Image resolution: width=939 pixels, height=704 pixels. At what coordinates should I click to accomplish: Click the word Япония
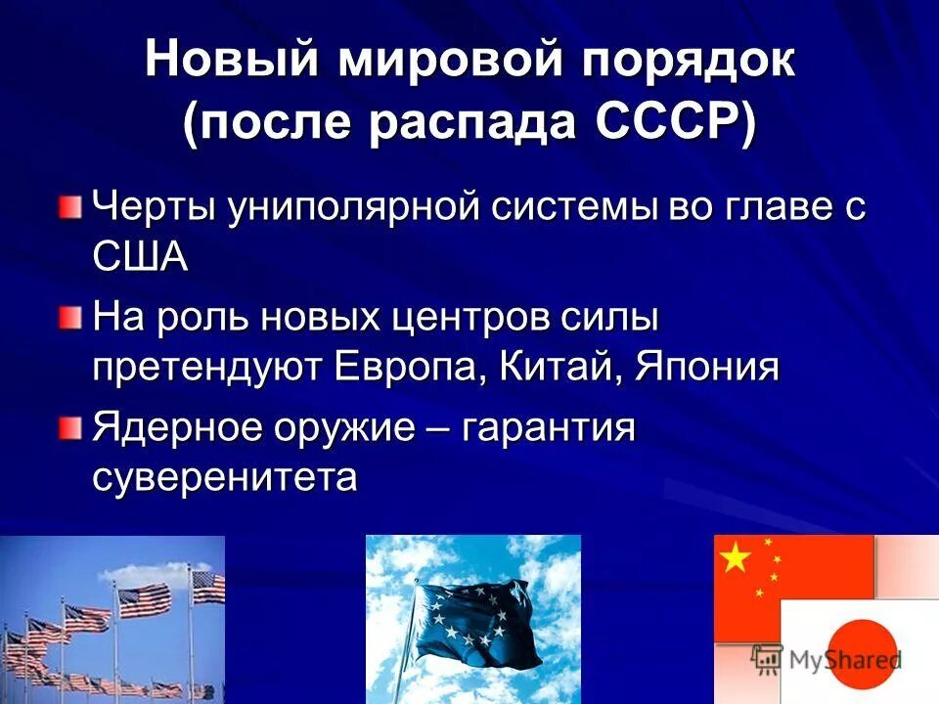(707, 368)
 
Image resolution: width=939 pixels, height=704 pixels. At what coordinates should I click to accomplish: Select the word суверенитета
(225, 478)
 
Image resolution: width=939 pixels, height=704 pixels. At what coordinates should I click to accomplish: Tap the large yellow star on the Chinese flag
(735, 558)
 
